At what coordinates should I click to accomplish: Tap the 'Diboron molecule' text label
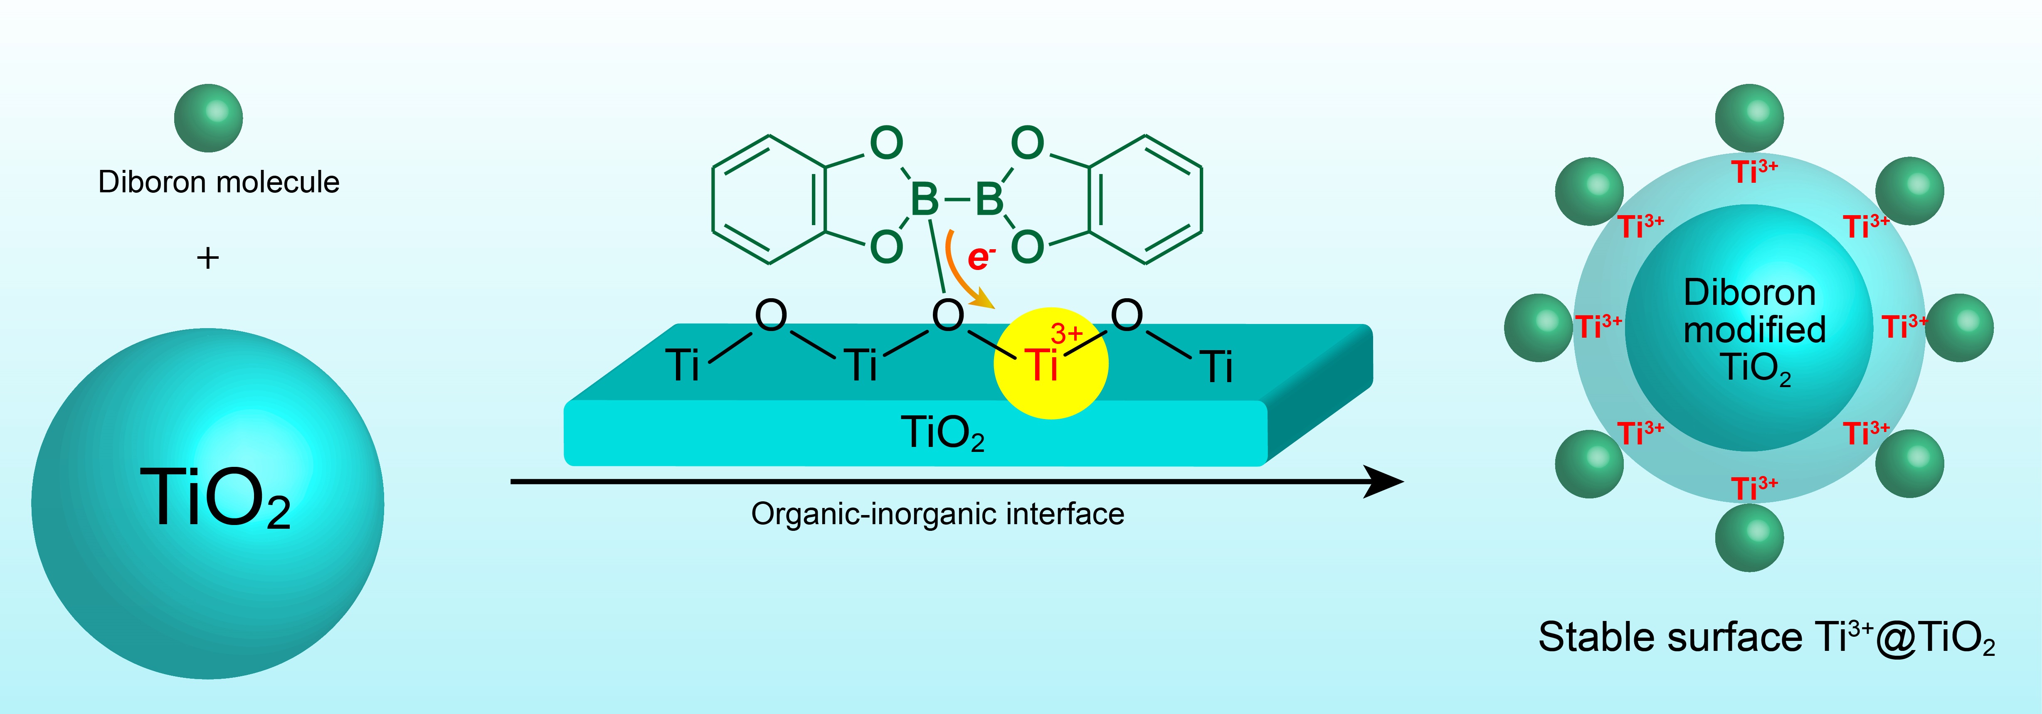click(x=219, y=182)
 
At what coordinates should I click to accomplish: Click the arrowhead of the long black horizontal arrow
click(x=1383, y=481)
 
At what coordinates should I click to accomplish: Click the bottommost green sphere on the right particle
click(x=1749, y=538)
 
